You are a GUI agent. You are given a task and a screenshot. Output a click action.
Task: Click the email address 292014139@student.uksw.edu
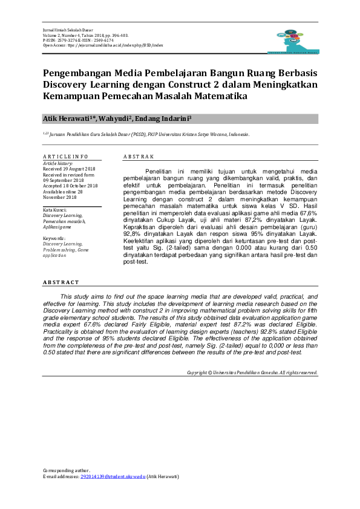click(x=113, y=476)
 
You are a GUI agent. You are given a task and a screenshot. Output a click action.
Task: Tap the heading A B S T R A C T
click(x=61, y=282)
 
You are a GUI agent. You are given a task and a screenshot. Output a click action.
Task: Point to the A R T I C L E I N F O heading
click(x=65, y=157)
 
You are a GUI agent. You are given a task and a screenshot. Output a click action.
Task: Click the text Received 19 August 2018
click(x=69, y=169)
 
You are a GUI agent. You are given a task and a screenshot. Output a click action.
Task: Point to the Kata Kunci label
click(x=55, y=209)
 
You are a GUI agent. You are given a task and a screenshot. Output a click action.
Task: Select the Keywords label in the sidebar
click(x=55, y=239)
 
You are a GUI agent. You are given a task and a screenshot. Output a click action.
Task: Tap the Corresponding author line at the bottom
click(x=67, y=470)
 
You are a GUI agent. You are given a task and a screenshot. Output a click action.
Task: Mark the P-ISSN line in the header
click(x=78, y=40)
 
